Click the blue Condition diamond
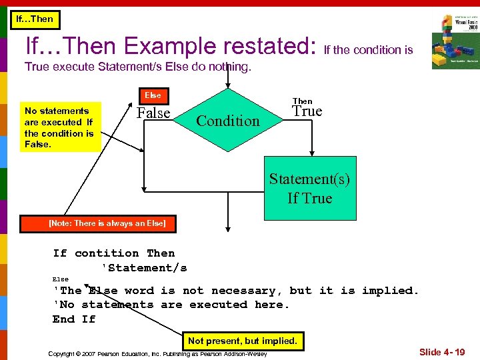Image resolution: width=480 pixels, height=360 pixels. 228,121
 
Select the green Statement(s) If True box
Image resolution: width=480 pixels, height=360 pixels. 309,188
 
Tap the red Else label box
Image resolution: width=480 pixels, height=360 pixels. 153,95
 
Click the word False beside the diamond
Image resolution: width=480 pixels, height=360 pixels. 153,113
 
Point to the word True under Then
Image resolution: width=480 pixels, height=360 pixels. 307,111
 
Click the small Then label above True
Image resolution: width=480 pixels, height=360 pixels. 302,101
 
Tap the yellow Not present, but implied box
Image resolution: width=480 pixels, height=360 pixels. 242,341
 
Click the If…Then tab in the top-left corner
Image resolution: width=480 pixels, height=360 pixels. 34,19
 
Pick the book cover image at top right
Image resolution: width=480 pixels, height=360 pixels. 455,41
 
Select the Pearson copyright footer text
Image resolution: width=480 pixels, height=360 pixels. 157,353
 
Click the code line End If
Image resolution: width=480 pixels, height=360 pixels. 74,319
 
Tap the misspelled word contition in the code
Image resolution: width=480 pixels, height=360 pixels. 107,253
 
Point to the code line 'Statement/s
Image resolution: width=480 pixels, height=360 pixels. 143,268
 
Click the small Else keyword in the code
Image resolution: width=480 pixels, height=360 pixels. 61,279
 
